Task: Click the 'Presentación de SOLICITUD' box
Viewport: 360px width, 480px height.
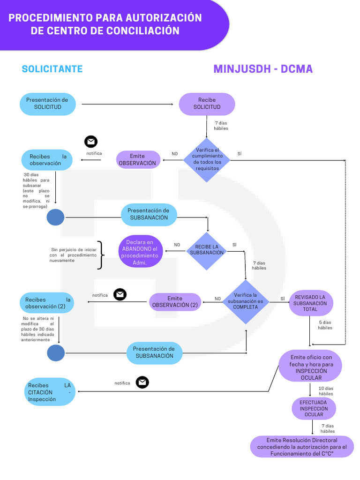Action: pos(47,104)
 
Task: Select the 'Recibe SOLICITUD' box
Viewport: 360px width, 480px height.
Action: pos(207,104)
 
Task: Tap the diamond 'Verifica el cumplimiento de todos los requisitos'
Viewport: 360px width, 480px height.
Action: pos(207,160)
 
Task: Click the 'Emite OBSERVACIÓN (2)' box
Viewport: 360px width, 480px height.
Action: pos(175,302)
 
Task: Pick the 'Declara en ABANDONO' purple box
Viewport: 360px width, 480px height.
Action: pos(140,253)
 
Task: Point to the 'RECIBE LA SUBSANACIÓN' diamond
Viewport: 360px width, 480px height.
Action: pos(207,250)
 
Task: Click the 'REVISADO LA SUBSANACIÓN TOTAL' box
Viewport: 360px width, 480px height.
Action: pos(310,303)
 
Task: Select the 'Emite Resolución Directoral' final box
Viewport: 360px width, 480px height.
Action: pos(302,447)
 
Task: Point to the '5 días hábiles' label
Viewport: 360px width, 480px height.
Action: pos(325,325)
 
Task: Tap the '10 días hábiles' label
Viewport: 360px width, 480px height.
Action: pos(326,391)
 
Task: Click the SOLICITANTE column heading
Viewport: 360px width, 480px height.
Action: pos(52,69)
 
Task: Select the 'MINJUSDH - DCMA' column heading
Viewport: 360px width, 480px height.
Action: pos(263,69)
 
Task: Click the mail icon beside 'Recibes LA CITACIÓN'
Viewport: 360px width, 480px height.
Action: pos(142,382)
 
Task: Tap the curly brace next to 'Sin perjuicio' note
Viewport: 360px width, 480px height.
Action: pos(100,255)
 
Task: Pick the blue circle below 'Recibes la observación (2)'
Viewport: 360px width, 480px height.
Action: pos(56,352)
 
